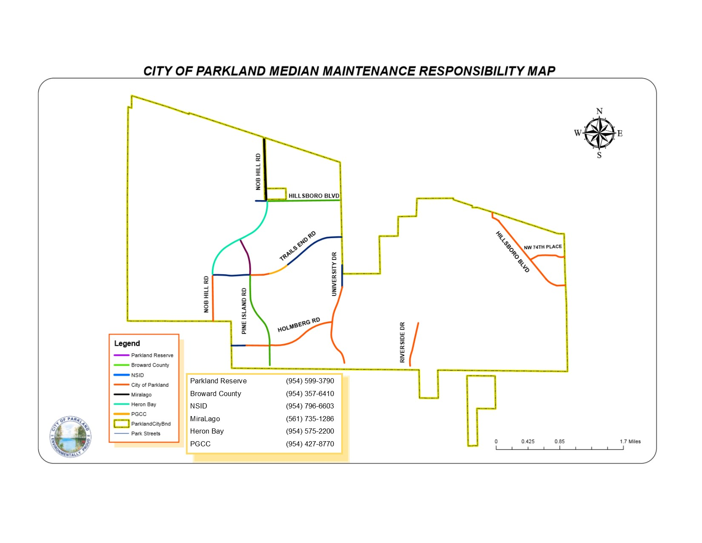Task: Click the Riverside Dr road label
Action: (402, 342)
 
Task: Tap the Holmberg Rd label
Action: (299, 325)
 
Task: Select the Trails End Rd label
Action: (298, 246)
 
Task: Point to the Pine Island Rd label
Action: (244, 311)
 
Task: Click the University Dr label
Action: (334, 274)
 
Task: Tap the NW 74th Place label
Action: (542, 247)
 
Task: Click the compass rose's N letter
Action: (599, 111)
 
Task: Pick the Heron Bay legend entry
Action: (143, 405)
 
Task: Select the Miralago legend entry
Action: (141, 395)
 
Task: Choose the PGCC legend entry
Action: (139, 414)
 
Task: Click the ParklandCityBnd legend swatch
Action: (121, 424)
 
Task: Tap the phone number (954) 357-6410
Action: (310, 394)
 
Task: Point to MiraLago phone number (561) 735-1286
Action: (310, 419)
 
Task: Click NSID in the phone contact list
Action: (199, 406)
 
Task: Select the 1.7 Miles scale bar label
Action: (630, 442)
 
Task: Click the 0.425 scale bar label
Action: (528, 442)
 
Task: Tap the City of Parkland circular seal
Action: (71, 437)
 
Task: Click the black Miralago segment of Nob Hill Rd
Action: (265, 168)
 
